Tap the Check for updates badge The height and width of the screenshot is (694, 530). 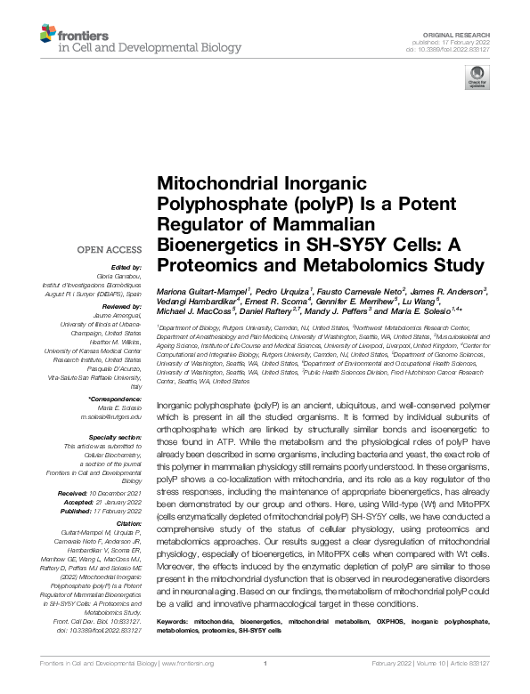[x=469, y=81]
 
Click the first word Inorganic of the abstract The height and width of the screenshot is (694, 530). [x=173, y=404]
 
